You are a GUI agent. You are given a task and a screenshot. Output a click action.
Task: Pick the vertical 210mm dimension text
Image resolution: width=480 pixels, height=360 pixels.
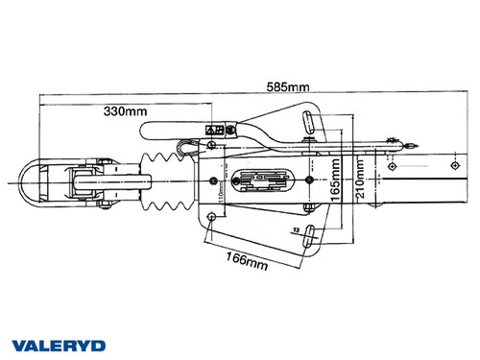click(x=359, y=177)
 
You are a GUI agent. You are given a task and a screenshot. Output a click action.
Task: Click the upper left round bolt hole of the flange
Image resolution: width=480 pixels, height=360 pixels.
click(x=209, y=145)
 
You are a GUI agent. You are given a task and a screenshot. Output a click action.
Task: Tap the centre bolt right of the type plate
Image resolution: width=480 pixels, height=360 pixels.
click(x=309, y=180)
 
